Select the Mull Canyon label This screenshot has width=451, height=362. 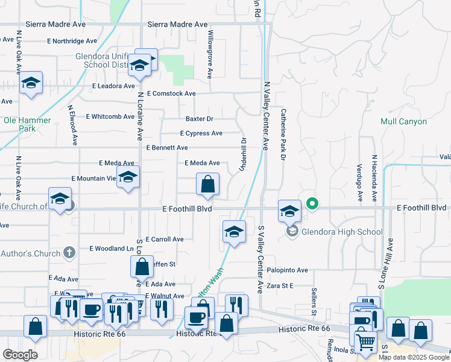click(x=403, y=121)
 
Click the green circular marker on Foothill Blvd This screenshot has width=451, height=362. click(x=312, y=203)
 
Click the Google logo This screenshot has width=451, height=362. click(x=20, y=354)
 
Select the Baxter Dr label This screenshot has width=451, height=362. click(x=200, y=119)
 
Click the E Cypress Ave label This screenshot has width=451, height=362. click(x=201, y=133)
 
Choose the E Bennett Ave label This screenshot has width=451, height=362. click(x=167, y=148)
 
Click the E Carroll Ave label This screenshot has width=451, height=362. click(x=165, y=240)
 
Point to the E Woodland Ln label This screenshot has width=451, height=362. click(x=111, y=249)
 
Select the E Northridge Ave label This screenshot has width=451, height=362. click(x=72, y=41)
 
